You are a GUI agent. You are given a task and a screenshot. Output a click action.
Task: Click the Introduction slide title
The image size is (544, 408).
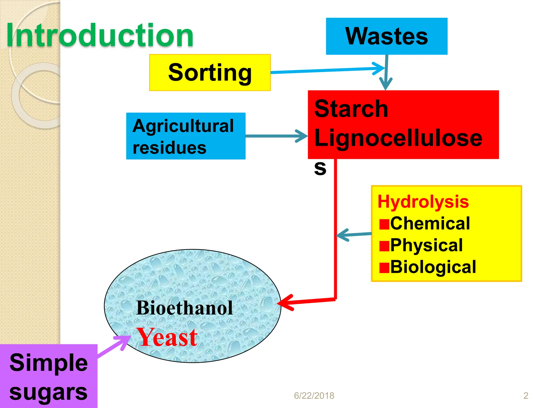click(x=100, y=35)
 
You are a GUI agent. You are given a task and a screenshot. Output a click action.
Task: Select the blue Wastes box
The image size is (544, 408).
click(x=386, y=36)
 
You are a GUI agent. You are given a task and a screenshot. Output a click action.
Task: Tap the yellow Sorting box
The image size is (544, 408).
click(x=210, y=73)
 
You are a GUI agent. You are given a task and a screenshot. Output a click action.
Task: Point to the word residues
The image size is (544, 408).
click(x=169, y=148)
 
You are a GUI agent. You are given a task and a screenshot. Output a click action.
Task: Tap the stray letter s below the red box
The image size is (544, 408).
click(x=320, y=168)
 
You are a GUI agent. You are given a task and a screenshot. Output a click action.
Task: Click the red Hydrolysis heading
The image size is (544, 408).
click(x=423, y=202)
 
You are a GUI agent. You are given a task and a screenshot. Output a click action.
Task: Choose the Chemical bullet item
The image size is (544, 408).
click(x=430, y=223)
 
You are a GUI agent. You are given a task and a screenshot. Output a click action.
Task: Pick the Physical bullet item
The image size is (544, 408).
click(x=426, y=245)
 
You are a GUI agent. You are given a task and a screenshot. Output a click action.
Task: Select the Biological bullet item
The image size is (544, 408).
click(x=433, y=267)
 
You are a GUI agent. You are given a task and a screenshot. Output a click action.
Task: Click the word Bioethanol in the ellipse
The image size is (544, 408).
click(x=184, y=308)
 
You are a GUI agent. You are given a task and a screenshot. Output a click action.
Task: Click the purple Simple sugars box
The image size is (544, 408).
click(x=48, y=376)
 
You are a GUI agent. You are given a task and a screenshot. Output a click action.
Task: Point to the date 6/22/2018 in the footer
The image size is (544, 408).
click(x=314, y=396)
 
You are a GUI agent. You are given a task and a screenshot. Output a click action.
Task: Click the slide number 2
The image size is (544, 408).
click(x=526, y=396)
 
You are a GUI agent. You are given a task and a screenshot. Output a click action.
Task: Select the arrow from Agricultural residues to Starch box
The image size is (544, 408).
click(x=276, y=136)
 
